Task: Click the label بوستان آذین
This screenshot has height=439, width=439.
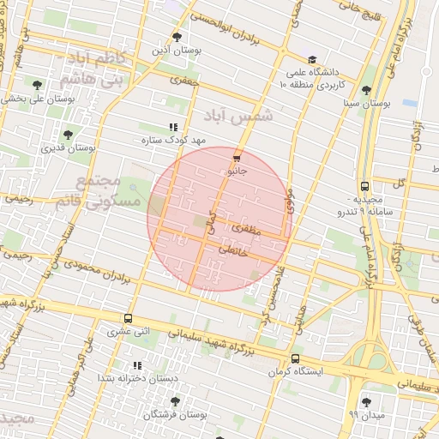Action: (x=177, y=51)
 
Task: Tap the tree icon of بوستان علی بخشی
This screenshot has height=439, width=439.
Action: (x=37, y=84)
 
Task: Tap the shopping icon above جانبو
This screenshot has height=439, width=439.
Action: (x=237, y=158)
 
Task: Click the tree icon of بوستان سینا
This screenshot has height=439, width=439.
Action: (x=367, y=90)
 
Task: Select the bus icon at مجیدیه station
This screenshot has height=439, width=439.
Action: (x=364, y=185)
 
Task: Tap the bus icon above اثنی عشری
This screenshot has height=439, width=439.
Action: (x=128, y=318)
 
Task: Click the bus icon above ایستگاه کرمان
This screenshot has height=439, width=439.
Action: (x=295, y=358)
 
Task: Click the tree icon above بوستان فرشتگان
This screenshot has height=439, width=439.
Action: (x=175, y=401)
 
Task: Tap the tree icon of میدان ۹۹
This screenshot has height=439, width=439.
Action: (x=367, y=401)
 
